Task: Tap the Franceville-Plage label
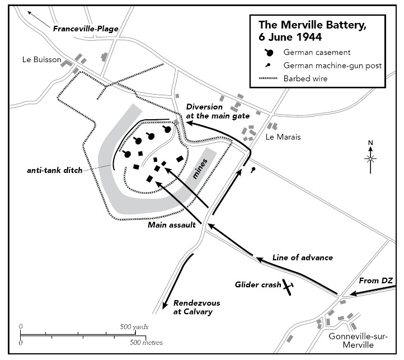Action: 86,29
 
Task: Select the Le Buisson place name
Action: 42,59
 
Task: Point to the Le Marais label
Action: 283,137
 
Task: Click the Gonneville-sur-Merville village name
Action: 358,340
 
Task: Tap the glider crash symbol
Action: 288,287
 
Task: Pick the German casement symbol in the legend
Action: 269,53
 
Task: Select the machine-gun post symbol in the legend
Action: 268,66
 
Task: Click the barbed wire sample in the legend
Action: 268,78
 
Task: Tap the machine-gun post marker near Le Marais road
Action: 253,170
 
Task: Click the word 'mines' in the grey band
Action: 200,169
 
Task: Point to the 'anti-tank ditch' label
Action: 55,170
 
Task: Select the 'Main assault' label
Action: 172,225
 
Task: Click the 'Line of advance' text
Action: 303,258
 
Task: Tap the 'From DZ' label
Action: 375,280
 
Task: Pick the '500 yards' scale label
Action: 134,327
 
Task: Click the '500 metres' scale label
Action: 146,343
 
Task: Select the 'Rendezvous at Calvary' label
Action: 196,307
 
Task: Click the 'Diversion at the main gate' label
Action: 218,111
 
